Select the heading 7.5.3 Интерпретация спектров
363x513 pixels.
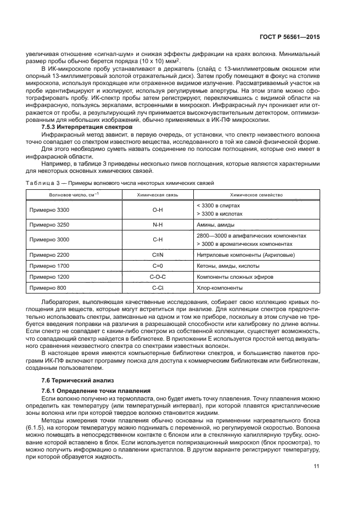pyautogui.click(x=86, y=127)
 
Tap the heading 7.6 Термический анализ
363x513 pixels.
pyautogui.click(x=74, y=380)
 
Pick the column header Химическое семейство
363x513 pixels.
pyautogui.click(x=256, y=194)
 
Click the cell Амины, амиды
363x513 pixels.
pyautogui.click(x=216, y=225)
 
